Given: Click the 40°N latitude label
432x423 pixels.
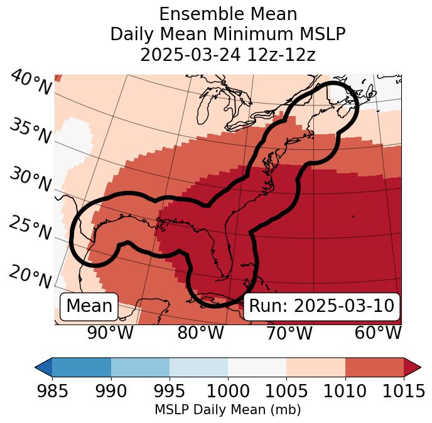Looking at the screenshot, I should pyautogui.click(x=31, y=83).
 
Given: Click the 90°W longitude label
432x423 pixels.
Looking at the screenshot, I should pyautogui.click(x=111, y=333).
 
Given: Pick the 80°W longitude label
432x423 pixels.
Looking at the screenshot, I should pyautogui.click(x=201, y=333).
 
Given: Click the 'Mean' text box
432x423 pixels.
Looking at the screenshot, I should pyautogui.click(x=89, y=306).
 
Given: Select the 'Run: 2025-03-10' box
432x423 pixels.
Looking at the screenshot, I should pyautogui.click(x=321, y=306).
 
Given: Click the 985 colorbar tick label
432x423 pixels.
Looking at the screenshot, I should pyautogui.click(x=51, y=391).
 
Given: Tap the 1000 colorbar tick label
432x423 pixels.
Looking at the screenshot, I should pyautogui.click(x=227, y=391).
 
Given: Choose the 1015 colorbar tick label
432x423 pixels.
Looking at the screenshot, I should pyautogui.click(x=403, y=391).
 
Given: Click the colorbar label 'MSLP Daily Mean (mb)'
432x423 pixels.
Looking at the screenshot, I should pyautogui.click(x=227, y=410).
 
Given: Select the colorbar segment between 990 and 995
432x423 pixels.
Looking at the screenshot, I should pyautogui.click(x=140, y=367).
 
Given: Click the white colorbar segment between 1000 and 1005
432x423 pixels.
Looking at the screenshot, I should pyautogui.click(x=257, y=367).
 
